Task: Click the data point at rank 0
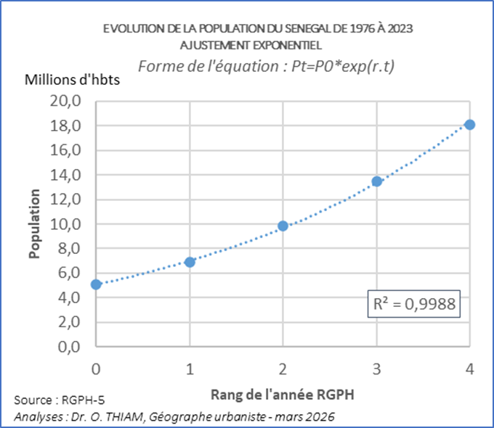96,284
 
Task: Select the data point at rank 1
190,261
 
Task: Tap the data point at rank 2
283,226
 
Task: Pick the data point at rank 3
377,181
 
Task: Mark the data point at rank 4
470,125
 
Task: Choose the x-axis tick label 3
377,369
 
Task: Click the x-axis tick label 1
190,369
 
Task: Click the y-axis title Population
34,224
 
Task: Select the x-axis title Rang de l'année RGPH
283,395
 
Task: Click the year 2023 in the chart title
399,29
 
